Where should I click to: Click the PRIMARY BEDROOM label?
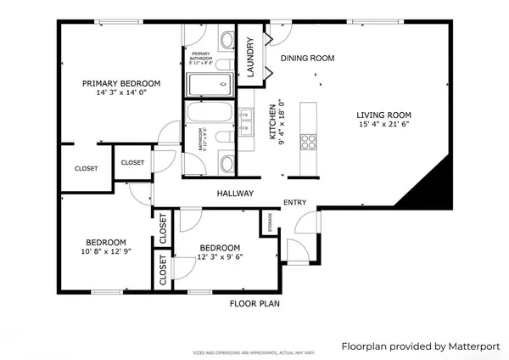[120, 83]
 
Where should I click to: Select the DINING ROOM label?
[307, 59]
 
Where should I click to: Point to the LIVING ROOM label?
[383, 115]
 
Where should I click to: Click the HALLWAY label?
[235, 194]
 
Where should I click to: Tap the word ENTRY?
[295, 202]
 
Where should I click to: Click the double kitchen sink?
[245, 126]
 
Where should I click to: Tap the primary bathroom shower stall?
[209, 84]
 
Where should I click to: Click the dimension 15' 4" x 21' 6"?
[383, 126]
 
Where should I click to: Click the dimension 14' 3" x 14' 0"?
[120, 93]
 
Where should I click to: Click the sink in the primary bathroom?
[227, 38]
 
